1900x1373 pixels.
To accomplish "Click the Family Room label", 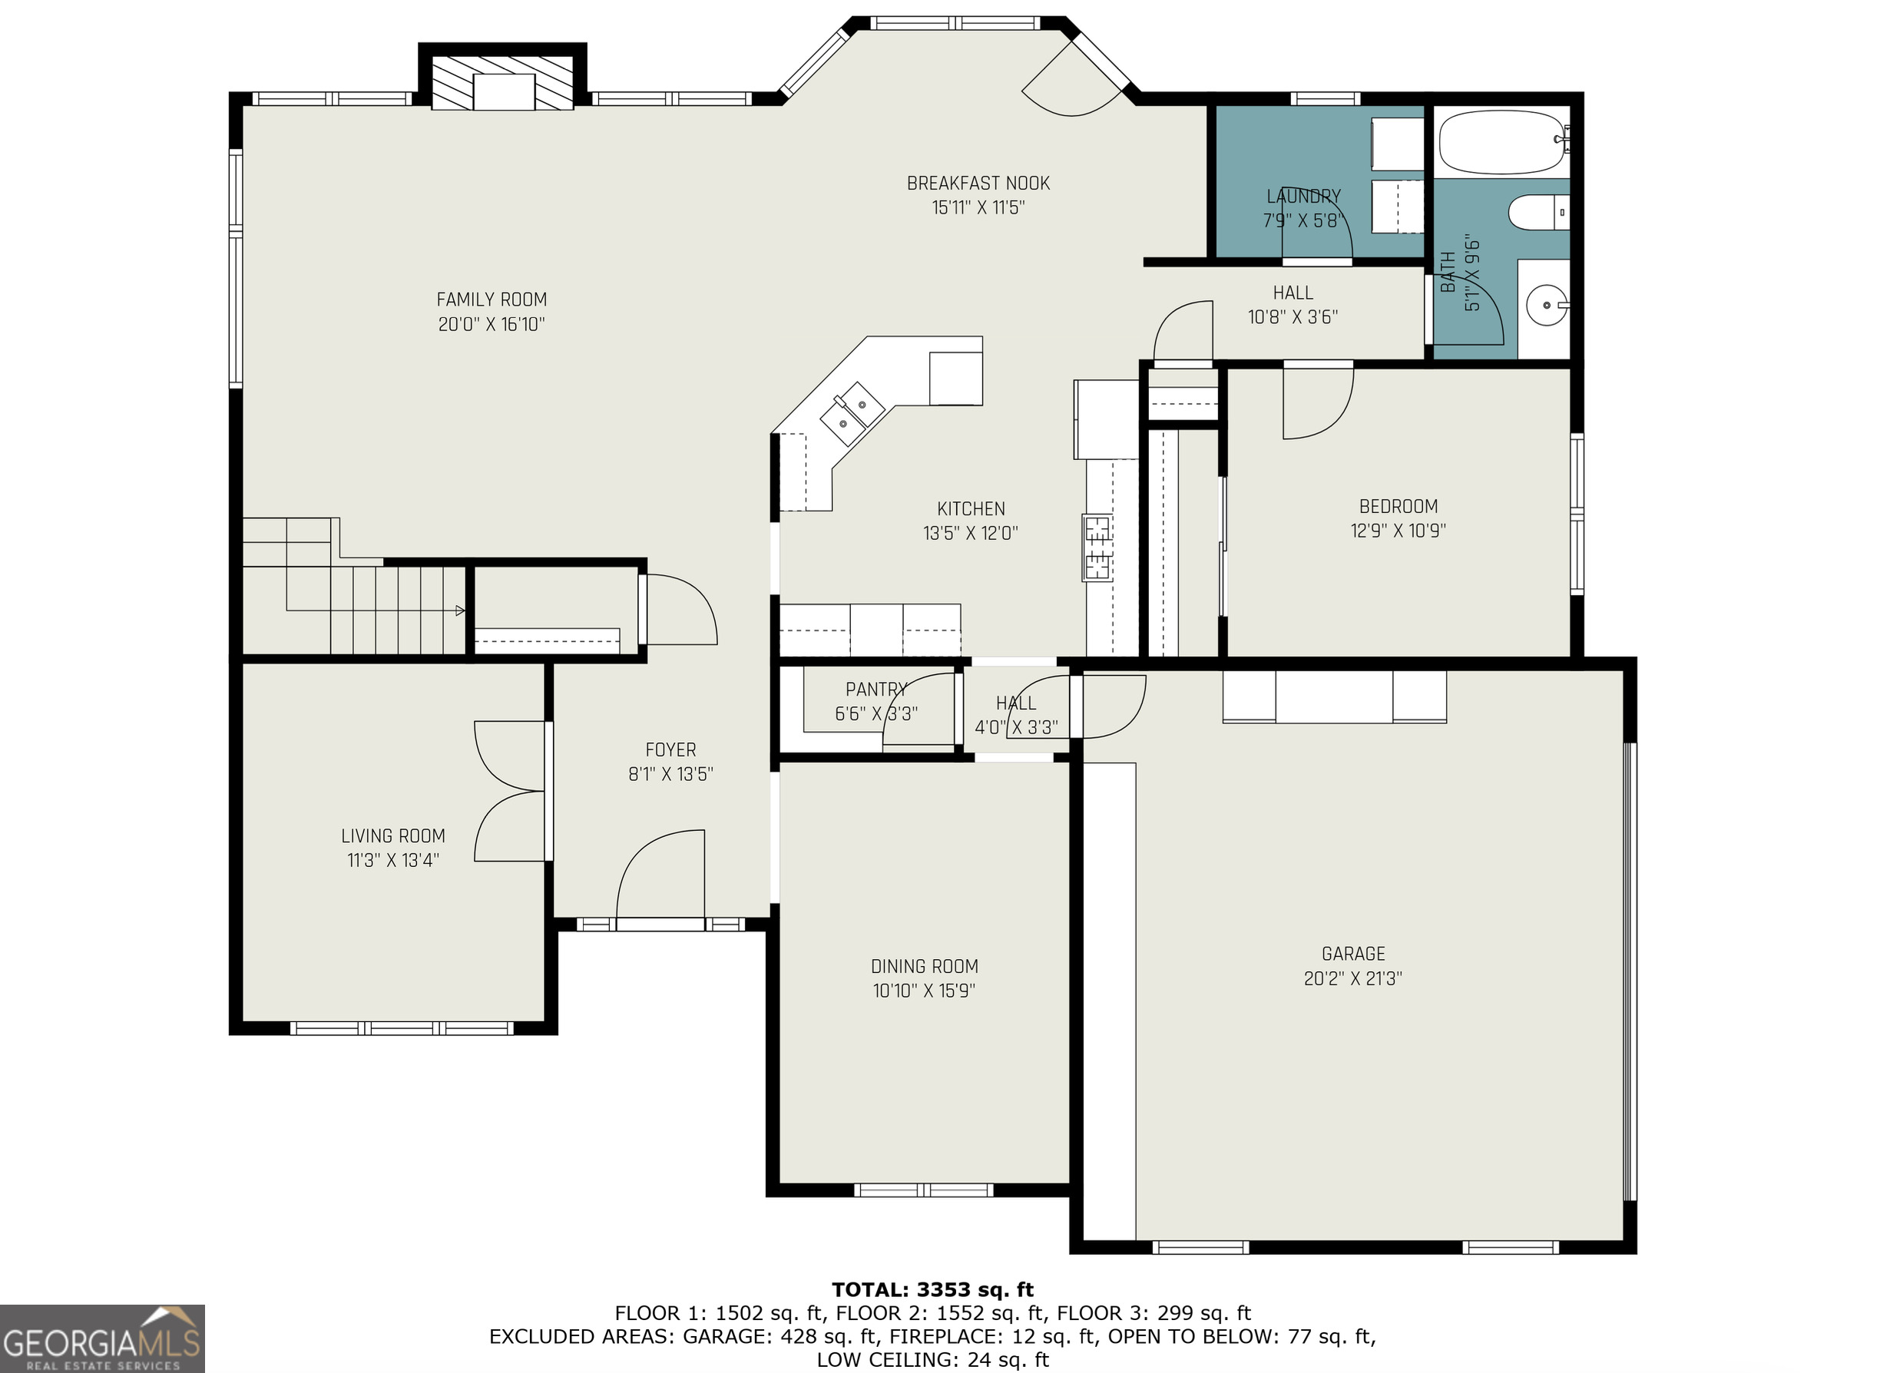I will click(491, 300).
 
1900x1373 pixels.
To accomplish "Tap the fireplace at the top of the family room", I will click(502, 84).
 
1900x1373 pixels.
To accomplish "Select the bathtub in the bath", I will click(1501, 142).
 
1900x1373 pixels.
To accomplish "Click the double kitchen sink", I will click(852, 414).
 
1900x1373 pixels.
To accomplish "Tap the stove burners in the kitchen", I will click(1097, 549).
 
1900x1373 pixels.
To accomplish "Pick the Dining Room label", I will click(924, 966).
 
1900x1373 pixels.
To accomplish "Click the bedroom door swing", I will click(1317, 404).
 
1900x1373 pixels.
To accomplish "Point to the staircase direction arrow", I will click(459, 610).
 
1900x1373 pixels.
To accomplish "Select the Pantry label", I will click(876, 690).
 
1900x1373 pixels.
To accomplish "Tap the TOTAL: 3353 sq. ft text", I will click(932, 1290).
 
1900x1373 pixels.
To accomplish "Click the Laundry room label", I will click(1303, 197).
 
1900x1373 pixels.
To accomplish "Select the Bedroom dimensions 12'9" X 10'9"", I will click(1398, 531).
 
